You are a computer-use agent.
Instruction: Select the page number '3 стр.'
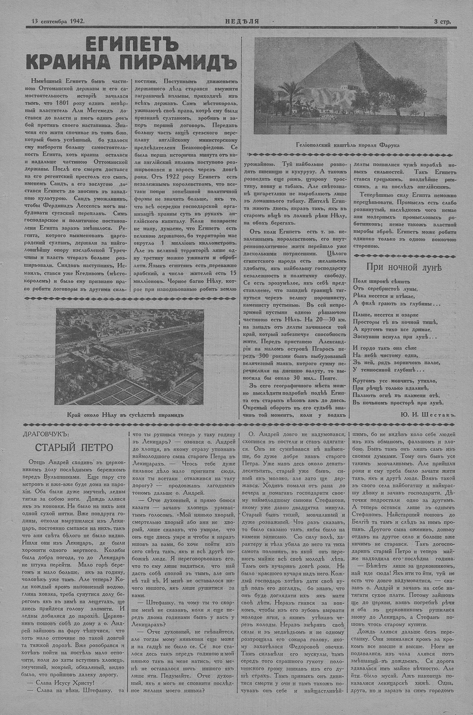click(442, 21)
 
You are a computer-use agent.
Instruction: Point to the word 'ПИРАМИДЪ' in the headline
click(180, 62)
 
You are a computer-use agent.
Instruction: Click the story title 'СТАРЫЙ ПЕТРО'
click(74, 447)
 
